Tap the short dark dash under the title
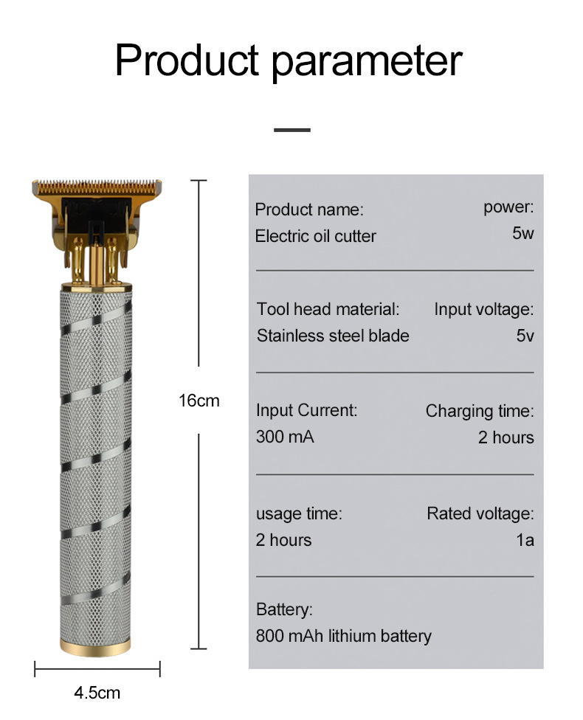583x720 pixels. click(x=291, y=131)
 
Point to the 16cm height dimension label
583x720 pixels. click(x=199, y=401)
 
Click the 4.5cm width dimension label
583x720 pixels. click(x=97, y=693)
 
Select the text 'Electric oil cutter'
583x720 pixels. click(x=315, y=236)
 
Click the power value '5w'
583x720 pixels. click(x=522, y=234)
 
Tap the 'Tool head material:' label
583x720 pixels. click(x=328, y=309)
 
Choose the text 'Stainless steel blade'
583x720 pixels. click(x=332, y=336)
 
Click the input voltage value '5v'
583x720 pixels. click(x=525, y=336)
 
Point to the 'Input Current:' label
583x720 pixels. click(x=306, y=410)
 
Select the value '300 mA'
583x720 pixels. click(x=285, y=437)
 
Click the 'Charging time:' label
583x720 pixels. click(x=479, y=411)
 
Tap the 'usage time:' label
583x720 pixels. click(x=299, y=513)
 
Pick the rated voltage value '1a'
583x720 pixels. click(x=525, y=540)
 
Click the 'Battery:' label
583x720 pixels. click(x=284, y=610)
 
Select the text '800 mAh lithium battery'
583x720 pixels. click(x=343, y=636)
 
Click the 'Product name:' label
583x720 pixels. click(x=309, y=210)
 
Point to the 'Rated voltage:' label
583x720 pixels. click(x=480, y=513)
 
